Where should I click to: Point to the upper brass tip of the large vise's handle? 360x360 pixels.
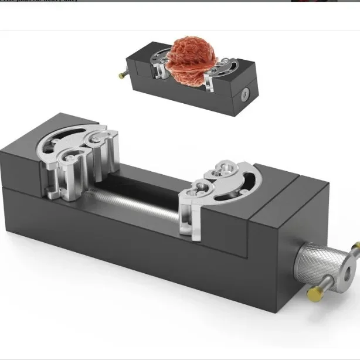tap(356, 246)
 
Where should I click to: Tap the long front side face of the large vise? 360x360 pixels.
tap(147, 258)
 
